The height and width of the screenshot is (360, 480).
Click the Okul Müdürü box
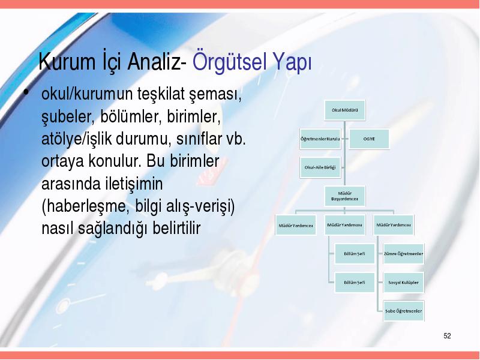point(344,110)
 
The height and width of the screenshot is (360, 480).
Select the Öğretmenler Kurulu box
point(320,139)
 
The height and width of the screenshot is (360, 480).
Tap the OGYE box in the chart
point(369,139)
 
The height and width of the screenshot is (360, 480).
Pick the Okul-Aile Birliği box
point(320,167)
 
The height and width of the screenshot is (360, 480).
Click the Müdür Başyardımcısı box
point(344,196)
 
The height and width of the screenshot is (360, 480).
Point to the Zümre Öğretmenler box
point(404,253)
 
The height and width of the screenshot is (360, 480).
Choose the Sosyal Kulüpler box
point(404,282)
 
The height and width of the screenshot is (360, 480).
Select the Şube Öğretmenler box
point(404,311)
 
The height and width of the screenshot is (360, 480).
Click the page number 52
point(447,336)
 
